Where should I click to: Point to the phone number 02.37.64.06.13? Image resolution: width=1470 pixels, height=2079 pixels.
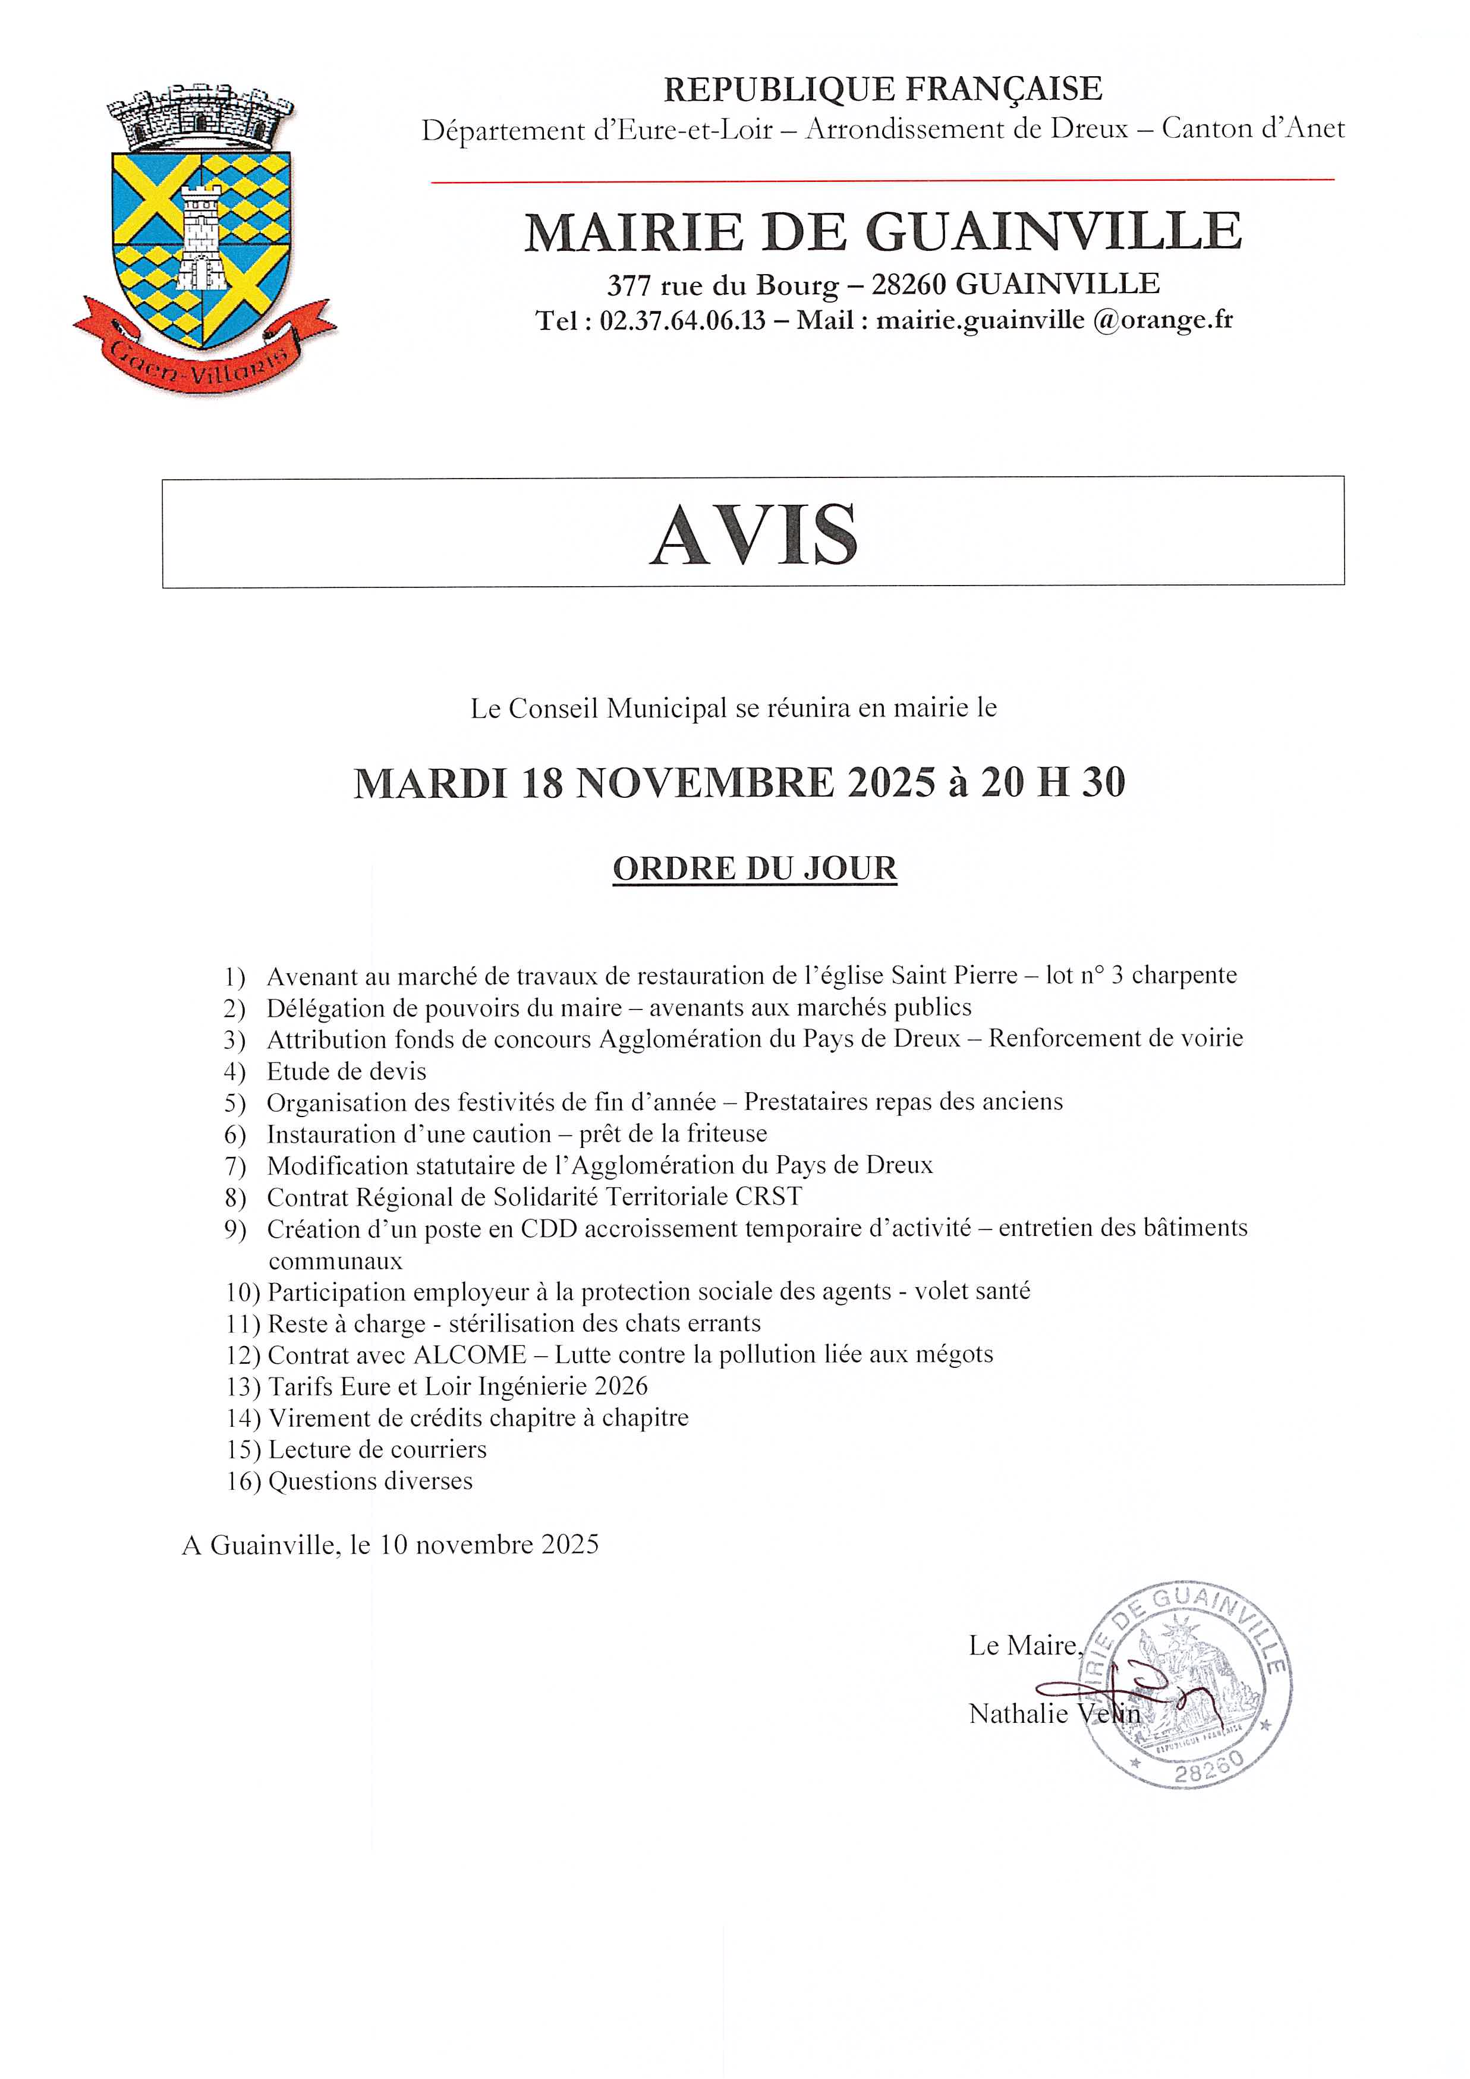point(682,320)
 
